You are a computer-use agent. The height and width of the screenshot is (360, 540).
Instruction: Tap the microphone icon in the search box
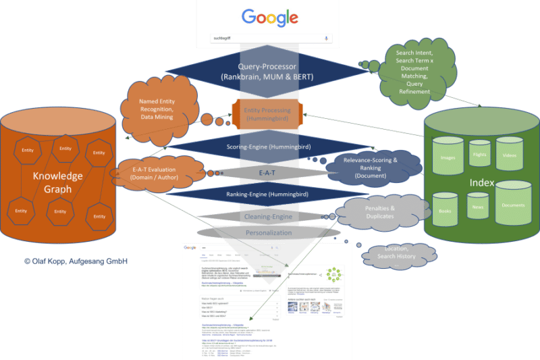[327, 38]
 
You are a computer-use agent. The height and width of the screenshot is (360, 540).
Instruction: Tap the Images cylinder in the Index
[448, 158]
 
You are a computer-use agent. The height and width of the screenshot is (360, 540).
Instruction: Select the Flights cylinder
[479, 155]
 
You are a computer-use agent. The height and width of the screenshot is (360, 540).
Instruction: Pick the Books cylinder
[446, 211]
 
